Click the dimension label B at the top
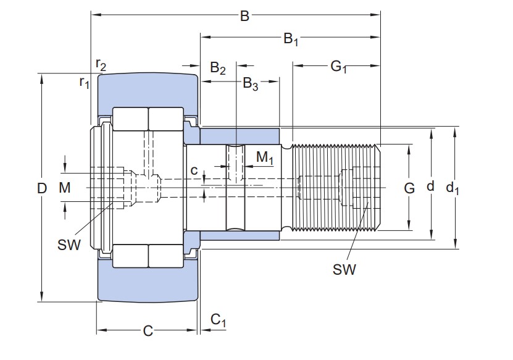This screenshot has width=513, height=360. point(244,16)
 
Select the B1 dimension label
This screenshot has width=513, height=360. point(291,40)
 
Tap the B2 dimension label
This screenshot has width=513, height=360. point(218,68)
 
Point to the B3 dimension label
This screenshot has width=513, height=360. point(250,83)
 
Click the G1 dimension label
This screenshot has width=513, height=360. point(338,67)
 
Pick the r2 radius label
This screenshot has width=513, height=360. point(101,64)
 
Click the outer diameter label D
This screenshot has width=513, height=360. point(42,188)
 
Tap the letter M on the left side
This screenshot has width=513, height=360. point(65,188)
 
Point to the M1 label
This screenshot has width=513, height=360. point(264,158)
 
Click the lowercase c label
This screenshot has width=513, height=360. point(194,170)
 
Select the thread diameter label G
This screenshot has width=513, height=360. point(409,188)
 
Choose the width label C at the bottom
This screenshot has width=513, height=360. point(148,331)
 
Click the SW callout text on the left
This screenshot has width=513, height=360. point(69,245)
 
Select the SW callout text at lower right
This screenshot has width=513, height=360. point(344,269)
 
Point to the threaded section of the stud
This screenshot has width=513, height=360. point(333,187)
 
